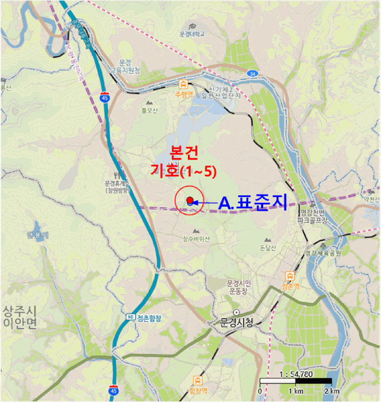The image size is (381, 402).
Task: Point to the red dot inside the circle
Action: coord(190,199)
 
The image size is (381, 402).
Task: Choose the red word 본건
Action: coord(184,152)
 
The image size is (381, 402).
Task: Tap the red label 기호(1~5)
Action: coord(183,171)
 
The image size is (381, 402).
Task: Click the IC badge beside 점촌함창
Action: coord(131,318)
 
